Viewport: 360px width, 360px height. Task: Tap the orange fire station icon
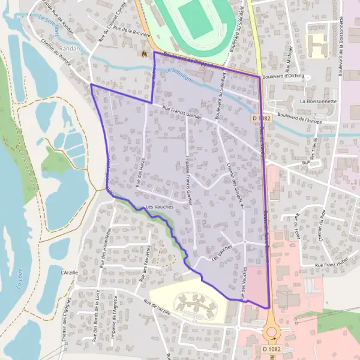tap(144, 53)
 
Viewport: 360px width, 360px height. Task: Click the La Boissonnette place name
tap(319, 101)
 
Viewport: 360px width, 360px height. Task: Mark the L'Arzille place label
tap(70, 272)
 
